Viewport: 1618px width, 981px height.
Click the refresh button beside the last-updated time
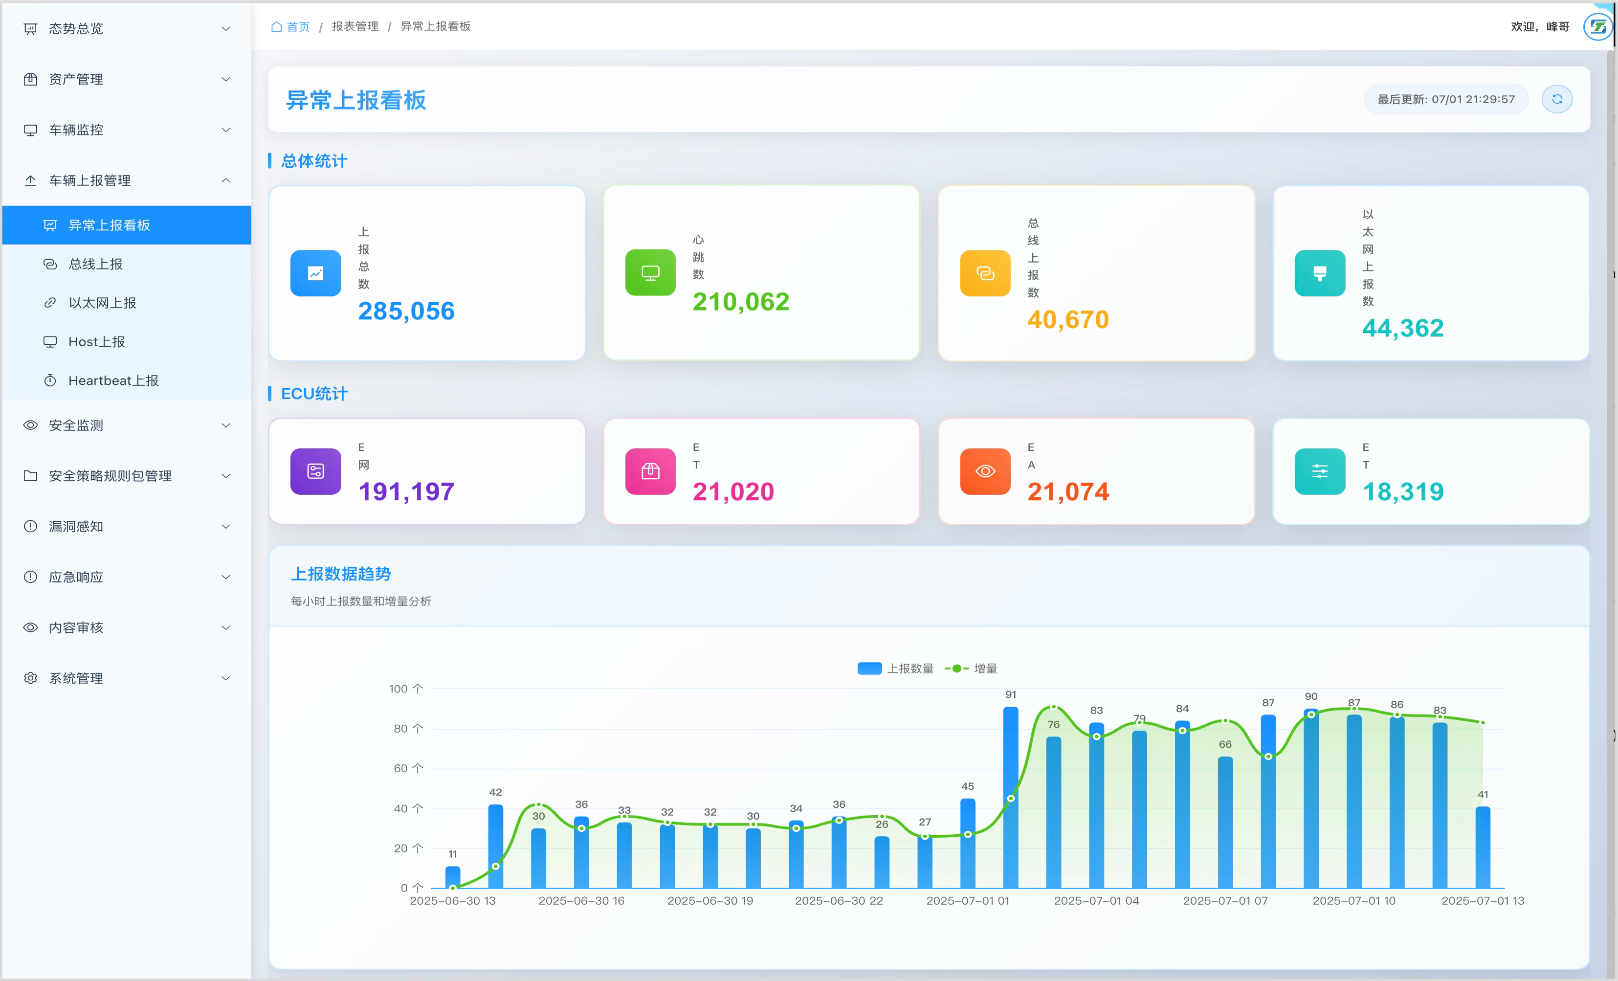pyautogui.click(x=1556, y=99)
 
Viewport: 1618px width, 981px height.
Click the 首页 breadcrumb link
pyautogui.click(x=297, y=26)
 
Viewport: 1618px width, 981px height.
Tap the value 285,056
pyautogui.click(x=406, y=311)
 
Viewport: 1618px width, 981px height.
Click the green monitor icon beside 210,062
pyautogui.click(x=650, y=272)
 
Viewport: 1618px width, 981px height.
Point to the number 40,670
pyautogui.click(x=1068, y=320)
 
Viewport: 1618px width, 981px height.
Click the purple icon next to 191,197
pyautogui.click(x=315, y=471)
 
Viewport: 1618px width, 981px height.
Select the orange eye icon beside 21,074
pyautogui.click(x=985, y=471)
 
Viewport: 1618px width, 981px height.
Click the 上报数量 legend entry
pyautogui.click(x=896, y=669)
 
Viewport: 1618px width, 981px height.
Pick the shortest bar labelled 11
pyautogui.click(x=452, y=877)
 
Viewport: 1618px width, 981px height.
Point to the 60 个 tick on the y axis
pyautogui.click(x=408, y=768)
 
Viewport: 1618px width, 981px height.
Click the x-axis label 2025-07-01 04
pyautogui.click(x=1096, y=901)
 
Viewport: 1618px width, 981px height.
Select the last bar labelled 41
pyautogui.click(x=1482, y=847)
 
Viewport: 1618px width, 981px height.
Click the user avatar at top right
pyautogui.click(x=1597, y=27)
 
